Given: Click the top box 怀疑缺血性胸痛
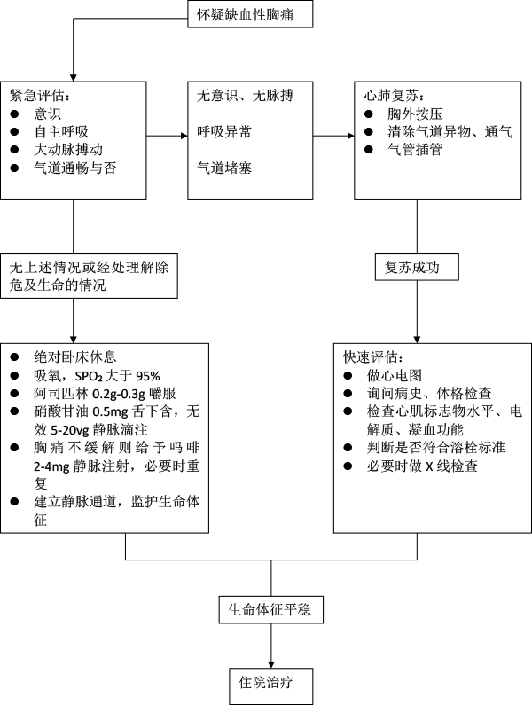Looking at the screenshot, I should coord(251,14).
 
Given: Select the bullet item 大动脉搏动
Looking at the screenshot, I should coord(64,148).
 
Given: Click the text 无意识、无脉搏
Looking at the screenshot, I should coord(240,95).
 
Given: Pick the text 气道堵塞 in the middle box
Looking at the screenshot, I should coord(225,166).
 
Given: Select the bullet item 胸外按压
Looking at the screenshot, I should coord(407,113).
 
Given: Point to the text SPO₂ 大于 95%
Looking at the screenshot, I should coord(107,374).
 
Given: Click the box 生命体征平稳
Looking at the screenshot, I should coord(270,611).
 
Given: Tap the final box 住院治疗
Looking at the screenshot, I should coord(270,683).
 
